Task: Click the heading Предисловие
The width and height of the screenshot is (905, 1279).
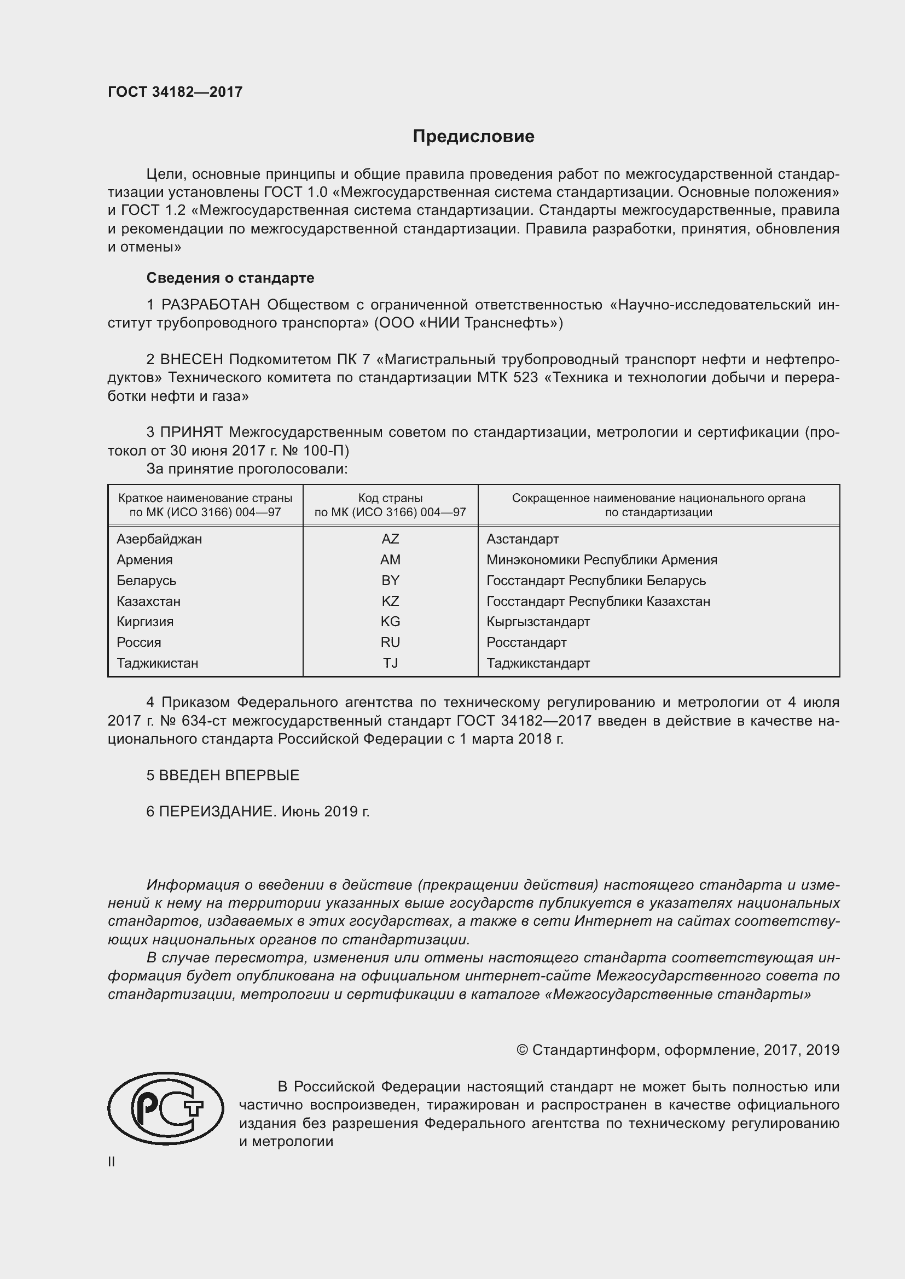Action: [473, 137]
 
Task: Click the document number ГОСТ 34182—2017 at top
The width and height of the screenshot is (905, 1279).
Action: [175, 92]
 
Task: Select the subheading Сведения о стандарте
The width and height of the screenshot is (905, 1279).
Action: [230, 277]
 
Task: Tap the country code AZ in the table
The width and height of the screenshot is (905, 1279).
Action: [390, 539]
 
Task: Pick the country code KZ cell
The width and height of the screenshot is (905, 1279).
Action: [390, 601]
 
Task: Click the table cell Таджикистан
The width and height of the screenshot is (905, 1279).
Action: [157, 663]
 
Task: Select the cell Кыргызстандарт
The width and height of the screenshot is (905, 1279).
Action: [538, 622]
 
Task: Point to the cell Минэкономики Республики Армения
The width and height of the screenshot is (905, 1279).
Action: [601, 559]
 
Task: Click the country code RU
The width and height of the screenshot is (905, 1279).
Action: [390, 643]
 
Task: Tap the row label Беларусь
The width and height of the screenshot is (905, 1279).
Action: [146, 581]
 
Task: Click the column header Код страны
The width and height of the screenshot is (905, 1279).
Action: [390, 498]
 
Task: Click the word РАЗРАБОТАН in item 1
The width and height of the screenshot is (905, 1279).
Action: [211, 305]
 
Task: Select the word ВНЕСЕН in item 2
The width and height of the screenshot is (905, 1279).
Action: [192, 359]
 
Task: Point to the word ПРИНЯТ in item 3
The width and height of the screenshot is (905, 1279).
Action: [192, 432]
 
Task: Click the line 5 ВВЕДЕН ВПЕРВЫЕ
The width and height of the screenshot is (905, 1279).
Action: [223, 775]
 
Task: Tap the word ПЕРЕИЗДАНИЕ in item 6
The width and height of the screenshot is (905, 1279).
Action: [217, 811]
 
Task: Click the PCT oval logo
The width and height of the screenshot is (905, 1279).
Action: [165, 1108]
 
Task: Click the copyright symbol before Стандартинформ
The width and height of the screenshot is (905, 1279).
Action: [521, 1050]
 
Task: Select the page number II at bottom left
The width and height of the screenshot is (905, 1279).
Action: [112, 1162]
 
